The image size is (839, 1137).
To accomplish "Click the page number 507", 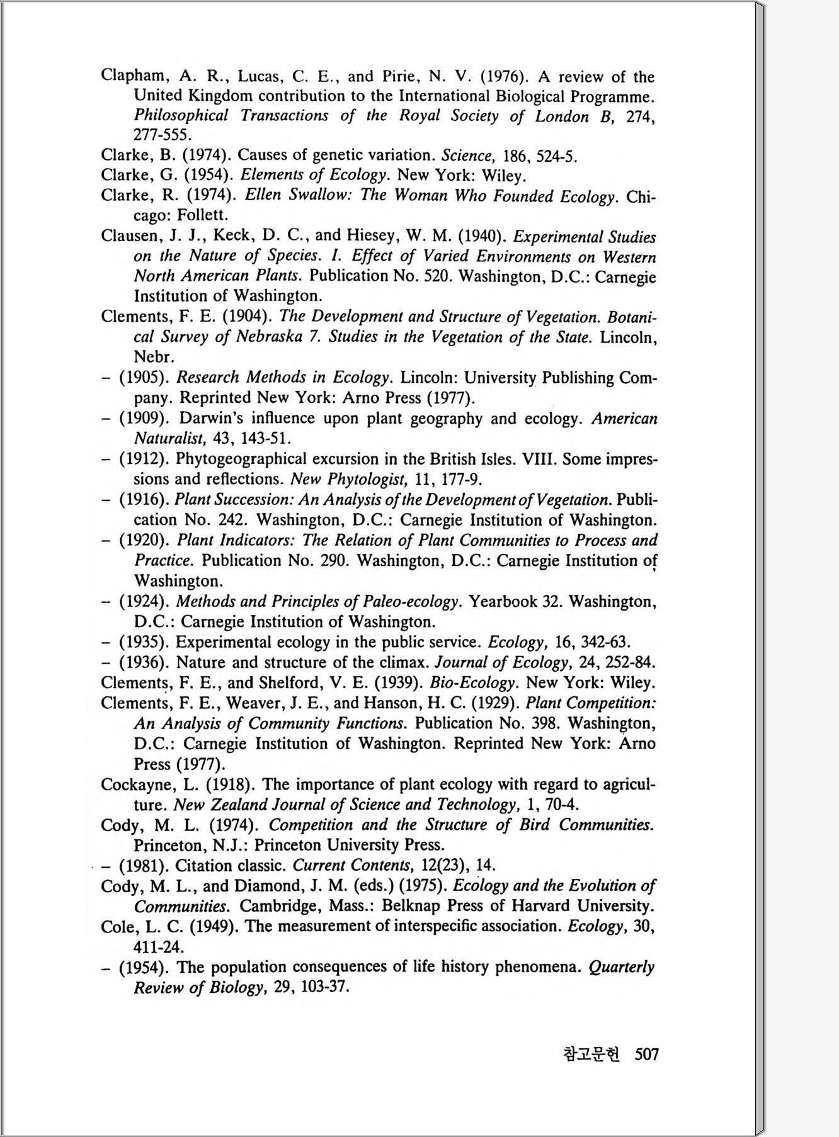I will pyautogui.click(x=646, y=1054).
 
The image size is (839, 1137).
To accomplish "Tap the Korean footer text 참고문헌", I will pyautogui.click(x=591, y=1054).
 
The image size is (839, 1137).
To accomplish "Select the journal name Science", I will pyautogui.click(x=467, y=156).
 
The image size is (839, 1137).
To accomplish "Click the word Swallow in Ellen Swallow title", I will pyautogui.click(x=321, y=195).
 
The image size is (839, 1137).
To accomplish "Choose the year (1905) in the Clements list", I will pyautogui.click(x=144, y=378).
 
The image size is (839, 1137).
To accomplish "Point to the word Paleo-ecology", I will pyautogui.click(x=410, y=602).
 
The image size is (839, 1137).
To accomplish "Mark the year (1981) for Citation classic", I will pyautogui.click(x=144, y=865).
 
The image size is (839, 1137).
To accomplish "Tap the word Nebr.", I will pyautogui.click(x=154, y=357).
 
